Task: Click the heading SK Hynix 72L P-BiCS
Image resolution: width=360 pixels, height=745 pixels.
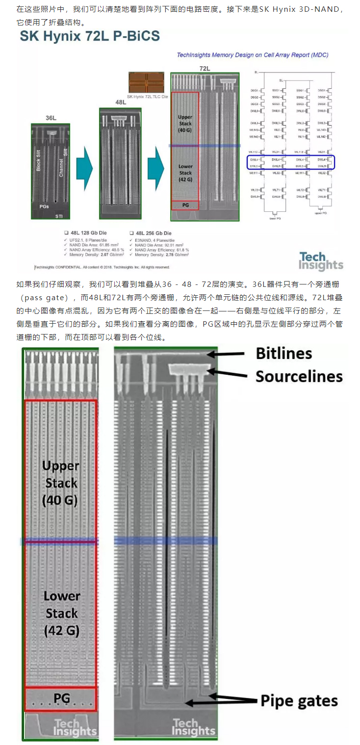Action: tap(89, 36)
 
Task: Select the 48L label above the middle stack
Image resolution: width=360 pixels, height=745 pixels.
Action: tap(121, 102)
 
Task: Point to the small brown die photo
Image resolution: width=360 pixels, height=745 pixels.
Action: tap(146, 82)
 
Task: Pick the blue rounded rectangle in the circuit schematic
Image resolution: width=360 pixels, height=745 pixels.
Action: tap(291, 163)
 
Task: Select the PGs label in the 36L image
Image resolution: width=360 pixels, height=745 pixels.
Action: tap(44, 207)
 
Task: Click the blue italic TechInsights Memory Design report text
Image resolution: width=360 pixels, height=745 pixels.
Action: tap(253, 55)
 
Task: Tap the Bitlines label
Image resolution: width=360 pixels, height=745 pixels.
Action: tap(284, 353)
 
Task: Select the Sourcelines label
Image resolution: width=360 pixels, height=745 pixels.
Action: tap(299, 376)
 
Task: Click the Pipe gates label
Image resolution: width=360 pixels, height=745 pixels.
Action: tap(299, 701)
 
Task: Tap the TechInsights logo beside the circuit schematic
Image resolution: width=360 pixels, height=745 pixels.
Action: tap(321, 261)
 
